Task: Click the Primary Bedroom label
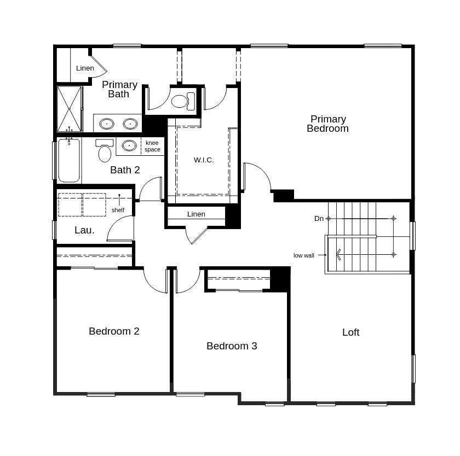coord(327,124)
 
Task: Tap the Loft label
coord(350,332)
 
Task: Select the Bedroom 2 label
coord(114,331)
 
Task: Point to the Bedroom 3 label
coord(232,346)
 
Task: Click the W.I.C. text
coord(204,160)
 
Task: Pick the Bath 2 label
coord(125,170)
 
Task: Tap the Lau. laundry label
coord(84,230)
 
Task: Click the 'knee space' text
coord(152,146)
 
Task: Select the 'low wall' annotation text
coord(304,255)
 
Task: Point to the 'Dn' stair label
coord(319,218)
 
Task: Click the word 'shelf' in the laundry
coord(118,210)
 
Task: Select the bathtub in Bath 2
coord(69,160)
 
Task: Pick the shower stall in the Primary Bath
coord(69,109)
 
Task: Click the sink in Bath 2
coord(129,145)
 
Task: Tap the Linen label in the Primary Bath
coord(85,68)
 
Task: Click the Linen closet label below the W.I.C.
coord(196,214)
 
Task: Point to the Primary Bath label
coord(119,89)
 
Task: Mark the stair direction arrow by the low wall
coord(340,254)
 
